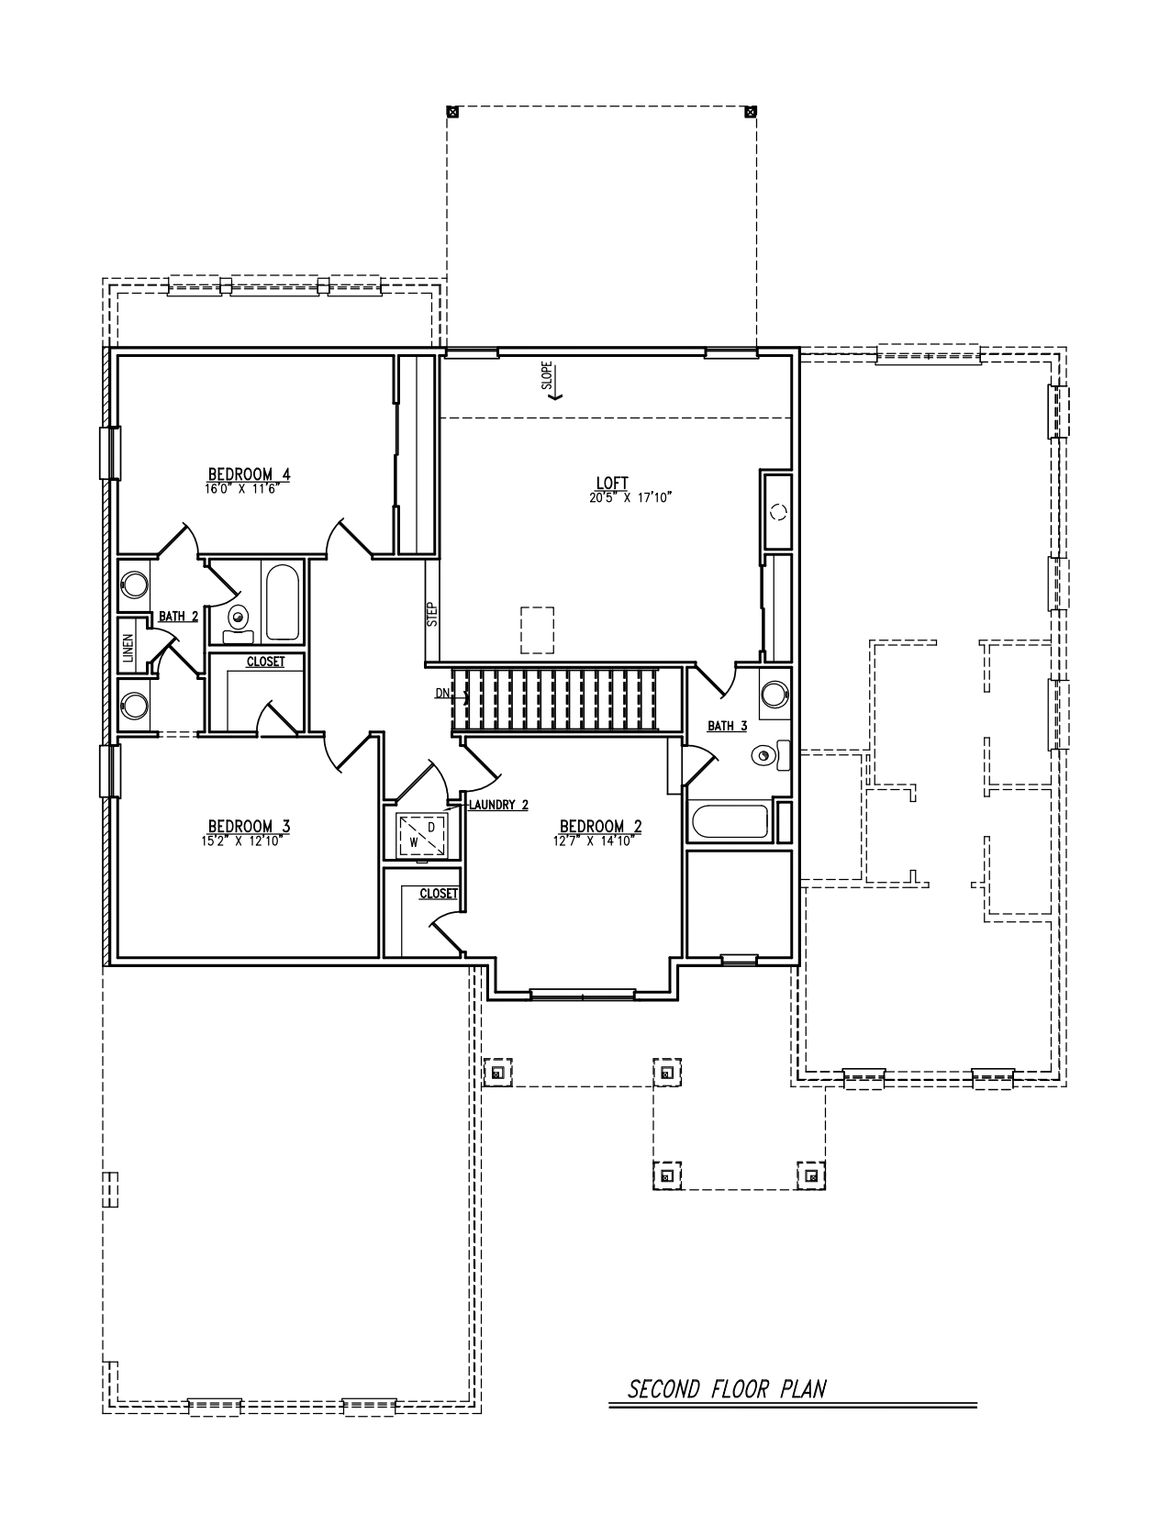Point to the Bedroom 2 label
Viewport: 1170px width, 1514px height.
[600, 826]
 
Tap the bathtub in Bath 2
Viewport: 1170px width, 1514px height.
[281, 603]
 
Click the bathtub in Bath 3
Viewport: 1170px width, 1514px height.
[730, 822]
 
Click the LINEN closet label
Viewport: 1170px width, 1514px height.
[128, 648]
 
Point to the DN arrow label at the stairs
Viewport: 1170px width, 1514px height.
[442, 694]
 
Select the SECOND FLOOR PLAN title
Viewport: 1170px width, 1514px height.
[727, 1388]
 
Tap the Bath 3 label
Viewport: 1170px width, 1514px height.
[727, 726]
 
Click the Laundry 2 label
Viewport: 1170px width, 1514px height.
[498, 805]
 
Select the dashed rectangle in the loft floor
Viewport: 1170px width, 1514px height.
[538, 629]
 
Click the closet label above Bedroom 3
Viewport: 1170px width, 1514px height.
[264, 662]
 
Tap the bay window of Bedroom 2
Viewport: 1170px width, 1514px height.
[582, 993]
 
